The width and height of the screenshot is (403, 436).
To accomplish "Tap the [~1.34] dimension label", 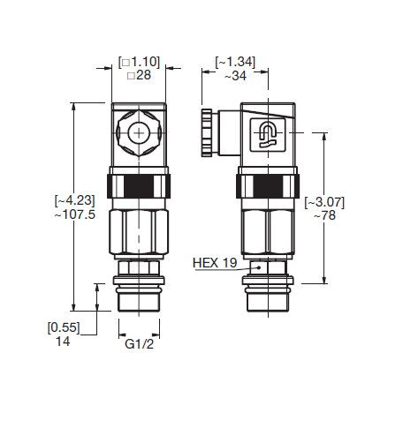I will click(235, 63).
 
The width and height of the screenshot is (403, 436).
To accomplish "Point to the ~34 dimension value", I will click(235, 78).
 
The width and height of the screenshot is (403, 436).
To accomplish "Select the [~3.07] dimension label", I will click(323, 202).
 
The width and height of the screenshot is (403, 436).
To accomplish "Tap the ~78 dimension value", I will click(323, 217).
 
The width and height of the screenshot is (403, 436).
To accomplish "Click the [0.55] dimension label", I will click(64, 327).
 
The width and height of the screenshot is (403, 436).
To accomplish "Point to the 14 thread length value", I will click(64, 342).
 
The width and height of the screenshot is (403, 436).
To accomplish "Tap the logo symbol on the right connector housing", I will click(267, 134).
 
